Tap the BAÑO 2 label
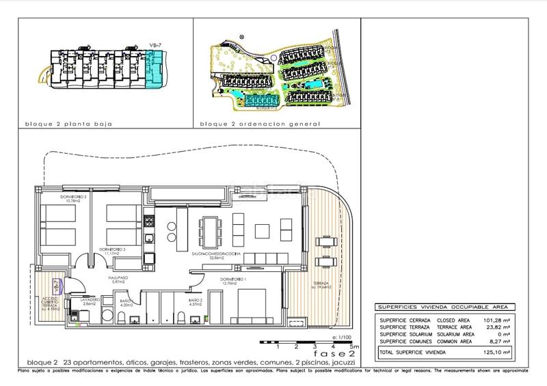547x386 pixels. (x=196, y=301)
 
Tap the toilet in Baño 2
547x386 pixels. (x=182, y=320)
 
